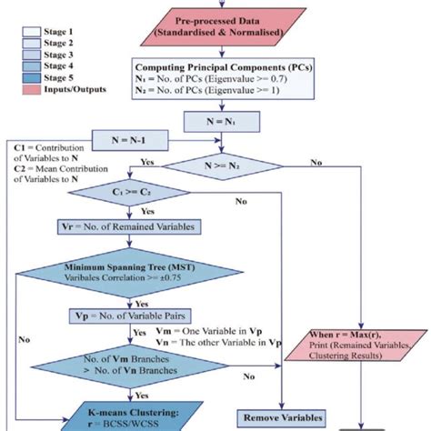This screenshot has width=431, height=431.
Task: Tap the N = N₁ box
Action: tap(223, 120)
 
